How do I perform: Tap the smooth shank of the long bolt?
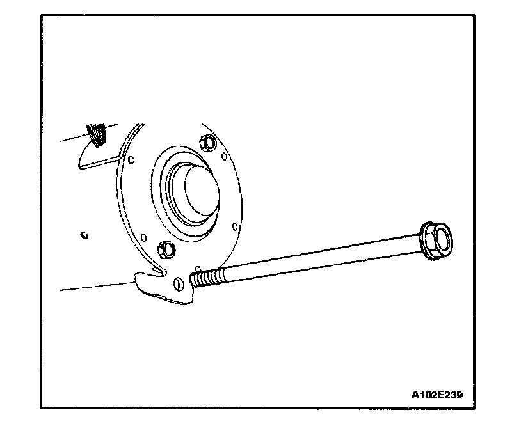(320, 260)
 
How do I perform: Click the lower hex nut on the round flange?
(164, 248)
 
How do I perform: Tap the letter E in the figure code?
(440, 395)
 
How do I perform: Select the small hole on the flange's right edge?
(235, 225)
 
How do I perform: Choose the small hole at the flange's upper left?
(131, 159)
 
